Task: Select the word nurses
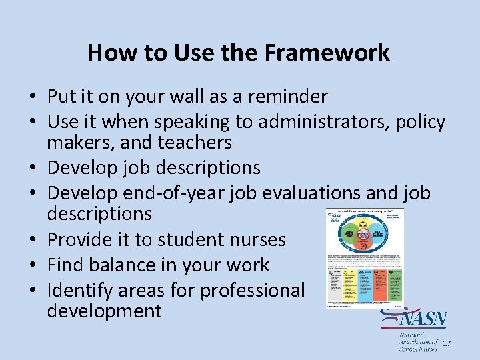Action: [x=256, y=239]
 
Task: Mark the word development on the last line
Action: [x=104, y=311]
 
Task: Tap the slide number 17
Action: [x=446, y=343]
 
